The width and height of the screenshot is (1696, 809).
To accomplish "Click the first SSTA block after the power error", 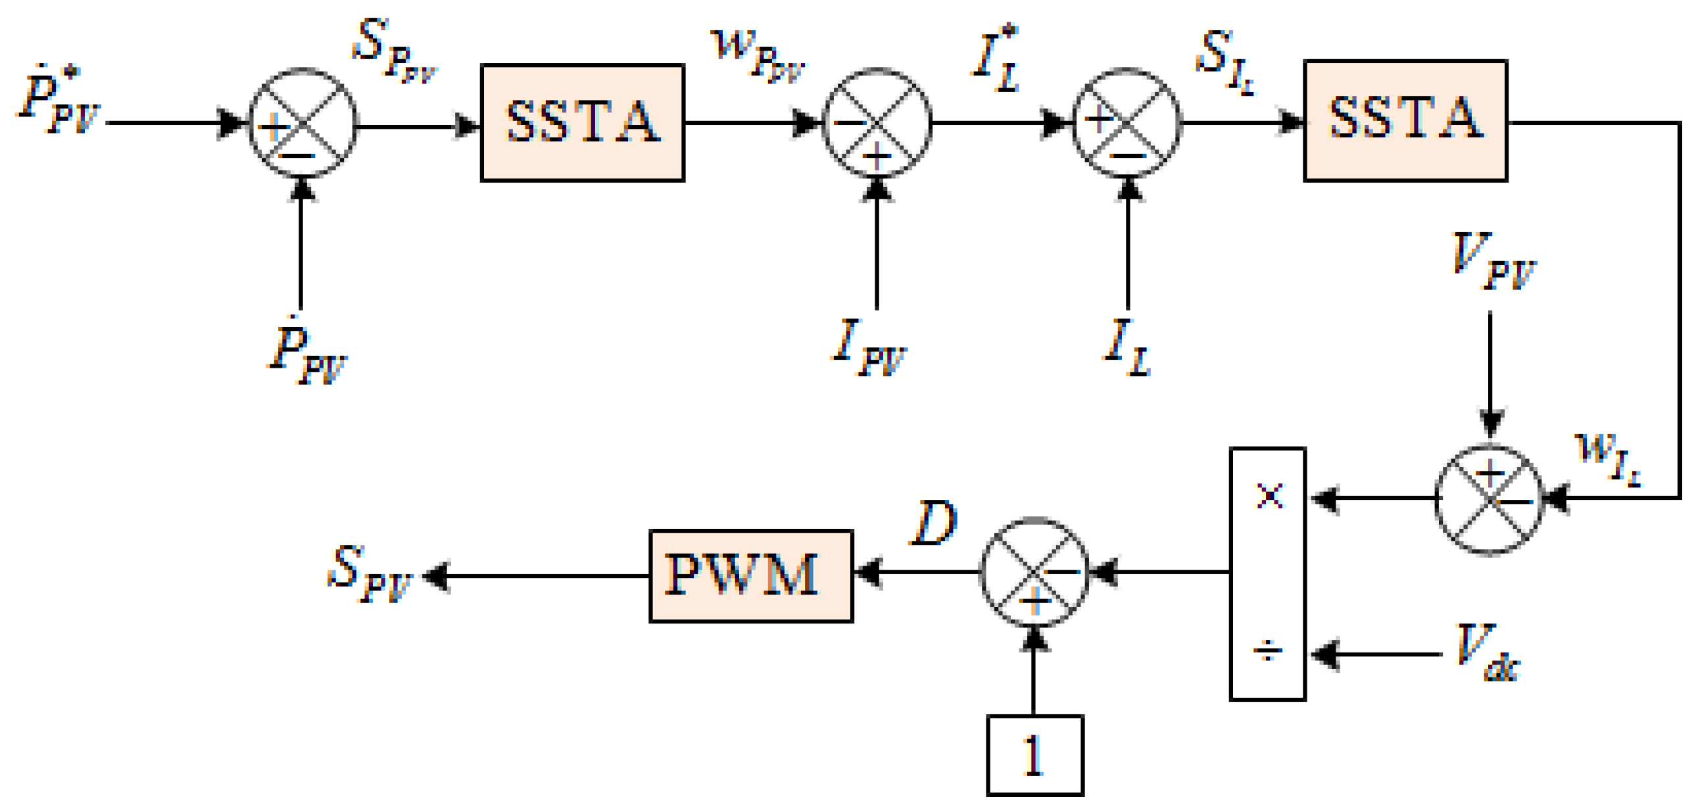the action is [583, 122].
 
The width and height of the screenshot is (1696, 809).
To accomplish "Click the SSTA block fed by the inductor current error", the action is [1405, 120].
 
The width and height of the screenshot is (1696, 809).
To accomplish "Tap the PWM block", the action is [751, 576].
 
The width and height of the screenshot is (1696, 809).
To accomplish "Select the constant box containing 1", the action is [1035, 755].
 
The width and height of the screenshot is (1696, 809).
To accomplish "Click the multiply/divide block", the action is [1267, 574].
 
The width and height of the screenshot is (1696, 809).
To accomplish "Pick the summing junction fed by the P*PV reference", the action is [303, 123].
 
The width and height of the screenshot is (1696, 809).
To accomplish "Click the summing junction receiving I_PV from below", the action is [877, 123].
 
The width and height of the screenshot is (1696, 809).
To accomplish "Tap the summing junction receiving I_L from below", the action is [1127, 123].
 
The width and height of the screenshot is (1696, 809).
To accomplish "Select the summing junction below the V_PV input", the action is [1490, 501].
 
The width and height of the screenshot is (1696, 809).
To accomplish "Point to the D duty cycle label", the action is [933, 522].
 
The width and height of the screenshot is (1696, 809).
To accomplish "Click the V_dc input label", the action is [1487, 652].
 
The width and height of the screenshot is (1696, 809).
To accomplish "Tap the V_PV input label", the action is [1493, 261].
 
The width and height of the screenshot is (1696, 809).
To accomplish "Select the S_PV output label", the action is [370, 574].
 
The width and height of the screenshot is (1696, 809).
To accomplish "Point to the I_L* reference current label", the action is [996, 59].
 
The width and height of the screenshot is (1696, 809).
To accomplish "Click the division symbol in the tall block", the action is [1267, 652].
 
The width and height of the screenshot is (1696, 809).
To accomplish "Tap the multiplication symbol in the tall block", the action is [1269, 497].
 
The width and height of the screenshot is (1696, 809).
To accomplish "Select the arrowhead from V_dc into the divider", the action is [1324, 654].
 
